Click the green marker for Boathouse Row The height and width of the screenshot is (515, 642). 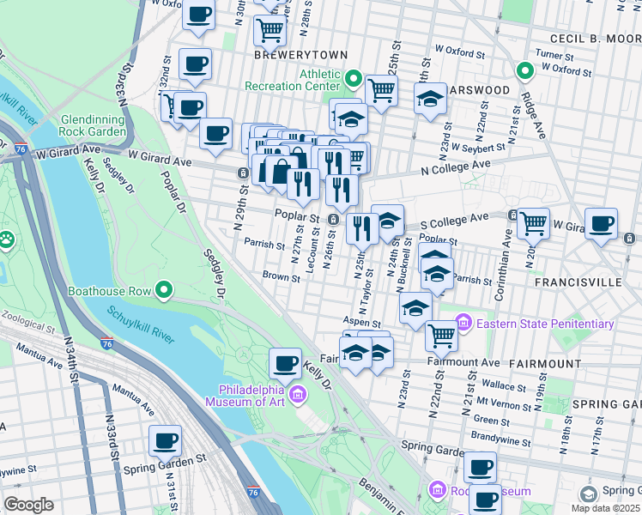click(x=166, y=291)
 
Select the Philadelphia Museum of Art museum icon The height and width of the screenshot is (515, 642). click(x=298, y=394)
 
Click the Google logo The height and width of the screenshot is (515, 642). click(x=29, y=504)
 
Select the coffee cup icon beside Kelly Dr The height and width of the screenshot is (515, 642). click(x=285, y=362)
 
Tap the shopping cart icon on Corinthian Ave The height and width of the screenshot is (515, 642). click(x=534, y=222)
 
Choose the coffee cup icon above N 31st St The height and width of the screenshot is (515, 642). click(x=165, y=440)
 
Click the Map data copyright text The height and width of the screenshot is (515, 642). click(x=606, y=507)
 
